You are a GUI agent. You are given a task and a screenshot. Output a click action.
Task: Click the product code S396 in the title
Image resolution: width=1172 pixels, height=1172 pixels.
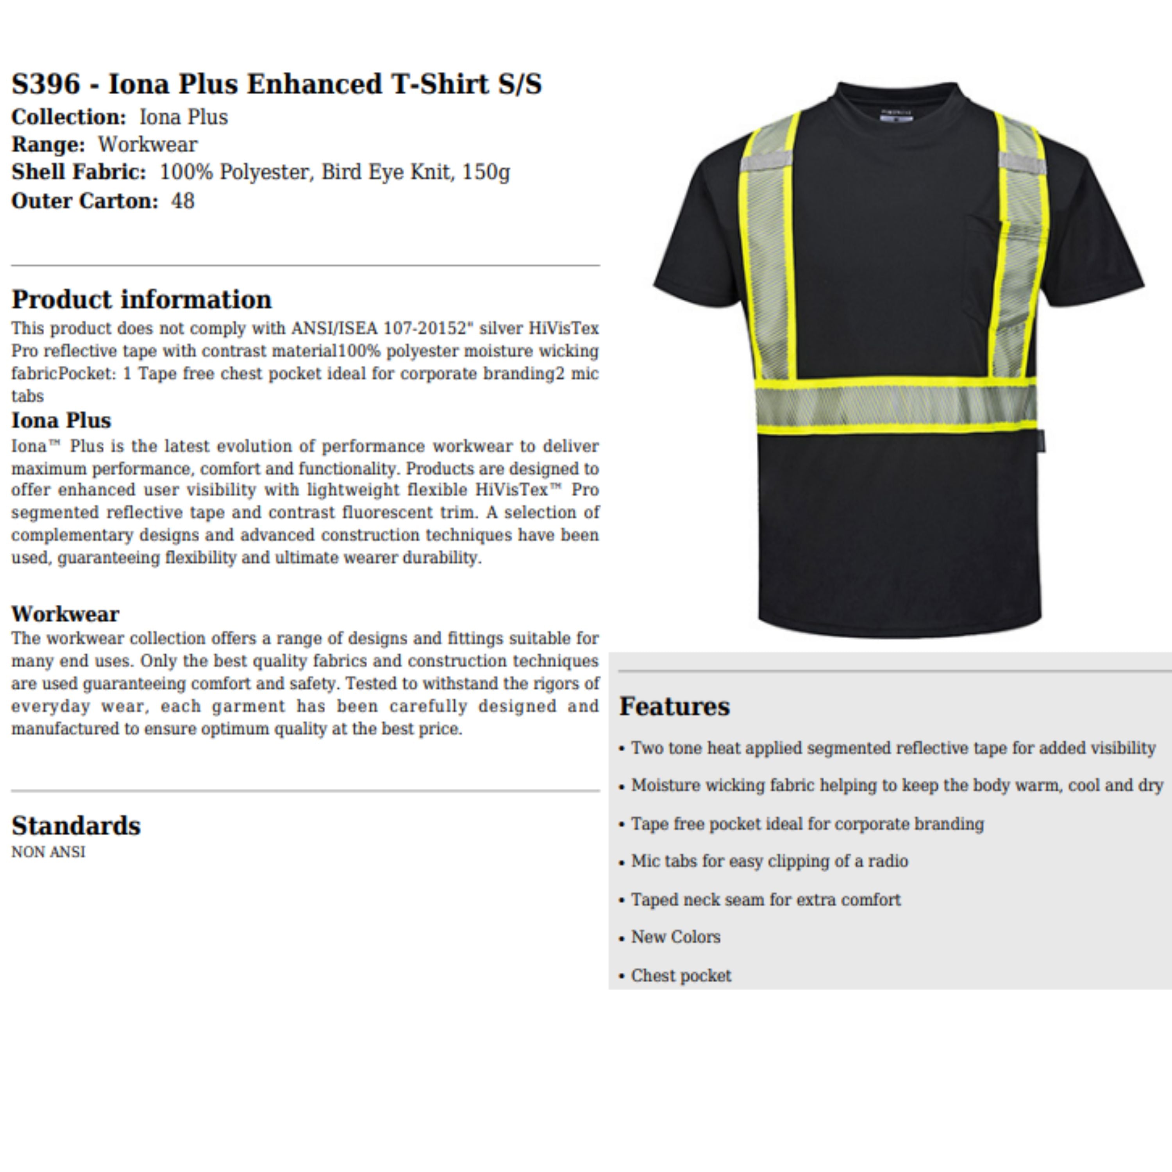click(45, 84)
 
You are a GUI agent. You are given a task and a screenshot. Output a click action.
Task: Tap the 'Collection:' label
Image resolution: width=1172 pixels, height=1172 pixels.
click(68, 117)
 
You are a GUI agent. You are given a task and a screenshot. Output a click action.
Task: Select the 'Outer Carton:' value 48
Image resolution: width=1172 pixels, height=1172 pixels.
click(182, 201)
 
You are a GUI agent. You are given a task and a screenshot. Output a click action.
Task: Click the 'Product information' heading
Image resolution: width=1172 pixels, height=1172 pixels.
click(141, 300)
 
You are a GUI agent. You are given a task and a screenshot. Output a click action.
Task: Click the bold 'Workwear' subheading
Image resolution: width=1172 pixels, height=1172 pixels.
click(65, 614)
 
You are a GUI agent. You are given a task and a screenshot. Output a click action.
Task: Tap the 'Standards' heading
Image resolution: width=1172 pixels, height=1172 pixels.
click(76, 825)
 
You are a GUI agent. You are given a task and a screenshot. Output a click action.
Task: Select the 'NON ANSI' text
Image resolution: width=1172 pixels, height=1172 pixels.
click(48, 852)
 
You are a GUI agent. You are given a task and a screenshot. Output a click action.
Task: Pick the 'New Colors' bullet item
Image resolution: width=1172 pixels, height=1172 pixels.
click(675, 937)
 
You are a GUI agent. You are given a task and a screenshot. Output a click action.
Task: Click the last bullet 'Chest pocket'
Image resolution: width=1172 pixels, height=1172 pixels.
click(681, 975)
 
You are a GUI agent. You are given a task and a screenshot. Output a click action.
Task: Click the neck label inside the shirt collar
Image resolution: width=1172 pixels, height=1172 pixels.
click(896, 115)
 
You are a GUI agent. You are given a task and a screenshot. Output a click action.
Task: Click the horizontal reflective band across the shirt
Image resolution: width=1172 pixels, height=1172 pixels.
click(895, 405)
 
